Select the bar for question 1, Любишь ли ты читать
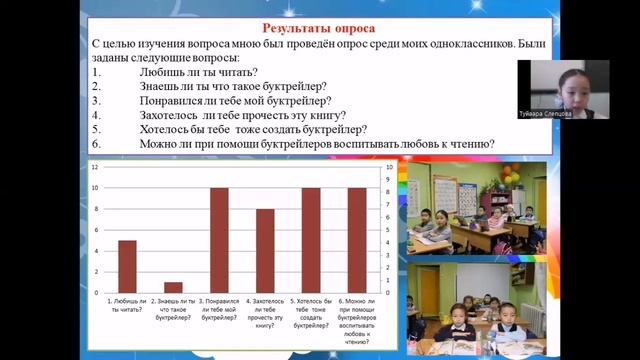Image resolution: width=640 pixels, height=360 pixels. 127,265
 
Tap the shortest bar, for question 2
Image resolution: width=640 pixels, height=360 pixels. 173,286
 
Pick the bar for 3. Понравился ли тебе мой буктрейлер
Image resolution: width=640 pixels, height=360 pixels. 219,239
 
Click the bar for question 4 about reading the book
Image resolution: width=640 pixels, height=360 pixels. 265,249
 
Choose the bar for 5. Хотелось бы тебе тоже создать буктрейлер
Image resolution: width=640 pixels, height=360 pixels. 311,239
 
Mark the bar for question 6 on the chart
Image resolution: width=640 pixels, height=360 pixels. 357,239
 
